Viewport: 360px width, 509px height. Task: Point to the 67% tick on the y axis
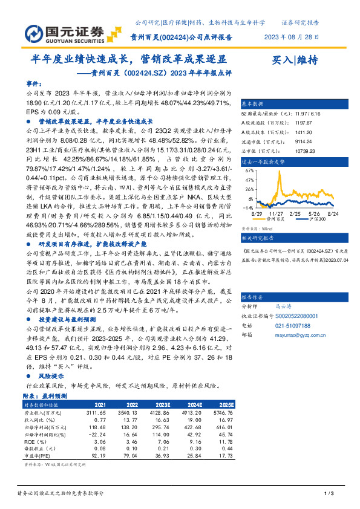(x=248, y=171)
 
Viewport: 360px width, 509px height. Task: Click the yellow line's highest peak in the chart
(x=279, y=173)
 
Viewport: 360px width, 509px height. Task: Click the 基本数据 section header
(x=252, y=103)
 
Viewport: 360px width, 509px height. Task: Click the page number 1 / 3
(x=329, y=494)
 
